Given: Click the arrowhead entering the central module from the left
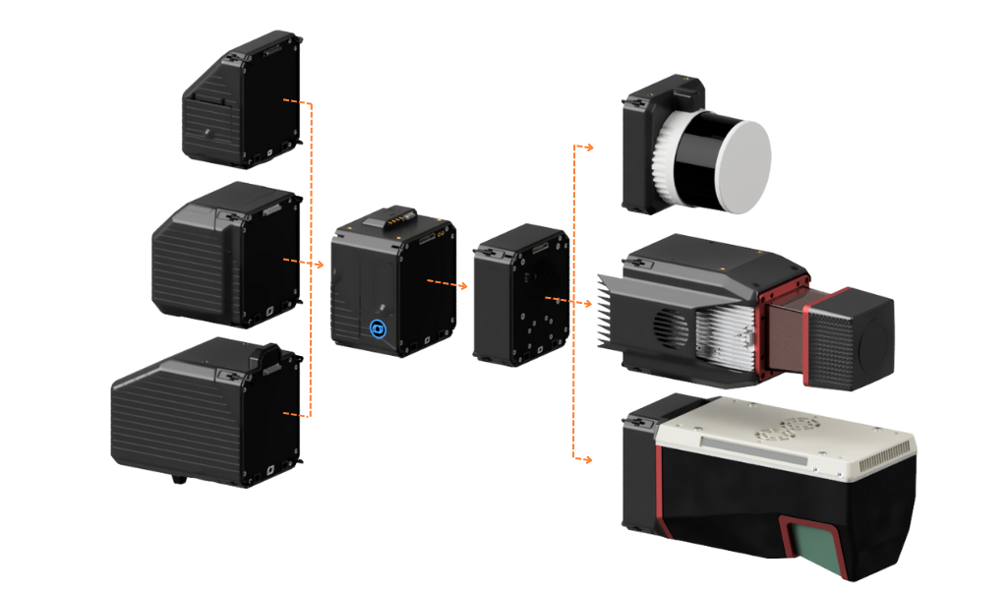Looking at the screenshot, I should point(321,265).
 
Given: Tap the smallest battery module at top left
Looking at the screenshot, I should point(242,99).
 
